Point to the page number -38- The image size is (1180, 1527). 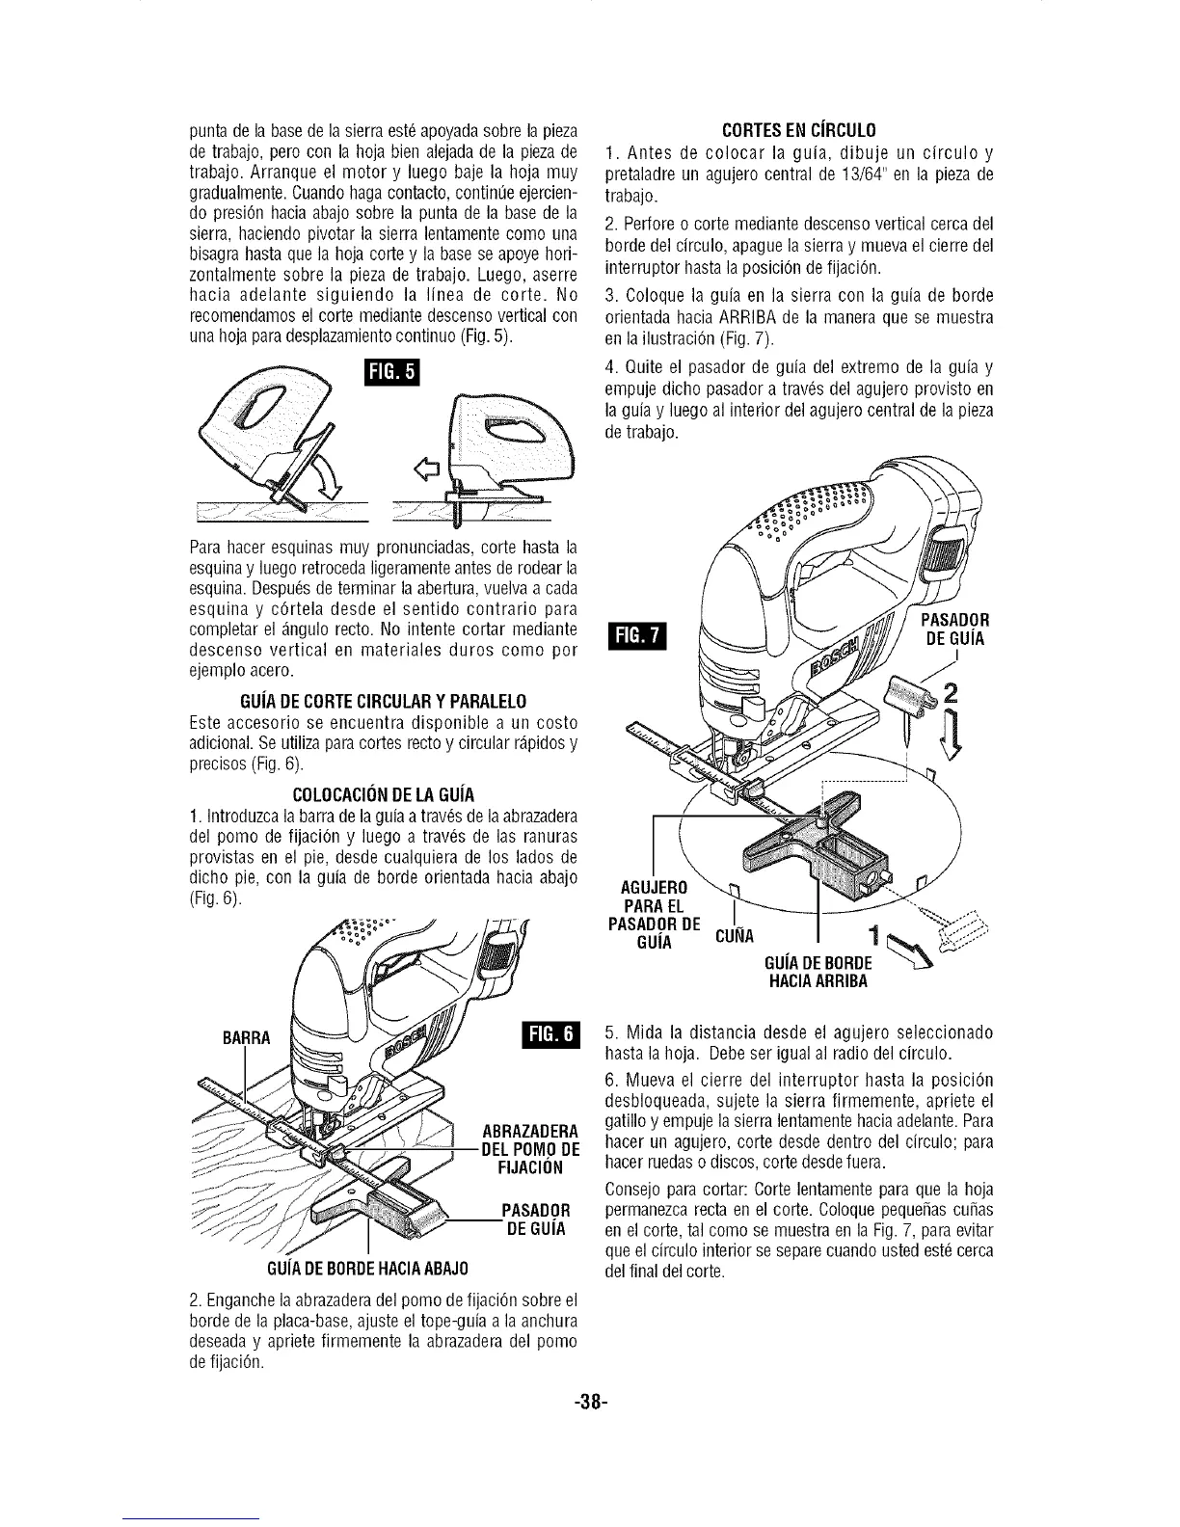click(x=591, y=1403)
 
